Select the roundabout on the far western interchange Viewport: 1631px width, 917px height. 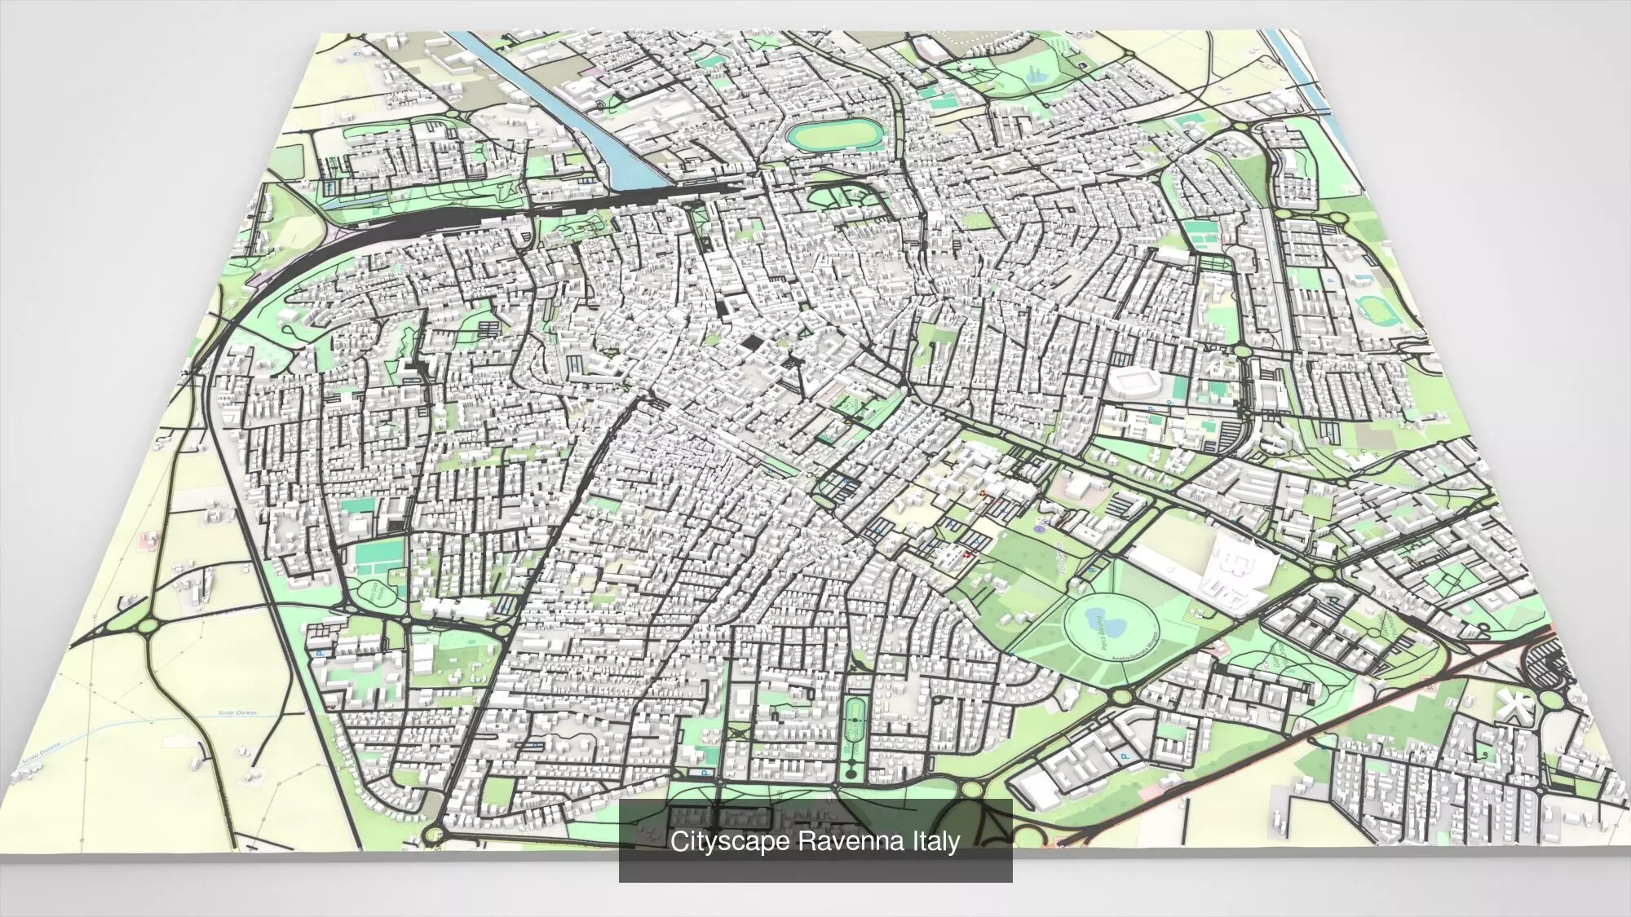(148, 626)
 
